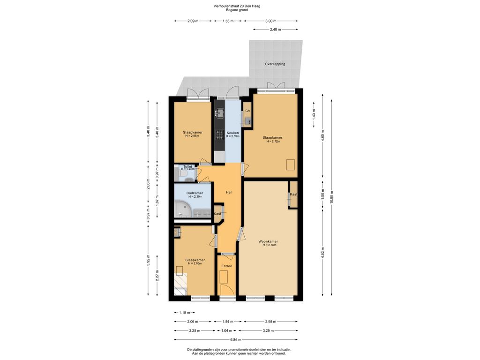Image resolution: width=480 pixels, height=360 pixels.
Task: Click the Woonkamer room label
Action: click(x=268, y=241)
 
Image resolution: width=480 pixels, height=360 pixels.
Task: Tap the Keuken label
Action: click(x=232, y=133)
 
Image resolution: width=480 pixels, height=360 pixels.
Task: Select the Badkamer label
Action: click(x=195, y=193)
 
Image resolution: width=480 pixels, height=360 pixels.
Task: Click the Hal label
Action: click(x=229, y=192)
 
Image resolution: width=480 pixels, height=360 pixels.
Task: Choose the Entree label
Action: click(x=227, y=266)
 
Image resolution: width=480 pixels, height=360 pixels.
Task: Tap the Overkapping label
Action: click(x=275, y=64)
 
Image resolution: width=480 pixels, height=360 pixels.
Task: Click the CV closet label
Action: click(x=247, y=111)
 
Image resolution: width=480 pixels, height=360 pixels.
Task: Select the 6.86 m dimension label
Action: click(x=236, y=339)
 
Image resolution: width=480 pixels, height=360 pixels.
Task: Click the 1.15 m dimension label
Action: click(x=184, y=313)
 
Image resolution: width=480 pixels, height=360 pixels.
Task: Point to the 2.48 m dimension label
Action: click(x=276, y=30)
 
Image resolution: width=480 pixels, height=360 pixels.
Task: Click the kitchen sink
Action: click(x=219, y=113)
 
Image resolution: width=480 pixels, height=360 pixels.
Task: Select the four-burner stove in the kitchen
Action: click(x=219, y=135)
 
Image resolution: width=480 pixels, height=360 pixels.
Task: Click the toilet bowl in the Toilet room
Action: click(x=183, y=173)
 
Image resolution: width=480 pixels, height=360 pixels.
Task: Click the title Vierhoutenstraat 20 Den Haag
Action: click(x=237, y=6)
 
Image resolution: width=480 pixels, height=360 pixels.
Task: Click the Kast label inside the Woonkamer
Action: click(x=293, y=195)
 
